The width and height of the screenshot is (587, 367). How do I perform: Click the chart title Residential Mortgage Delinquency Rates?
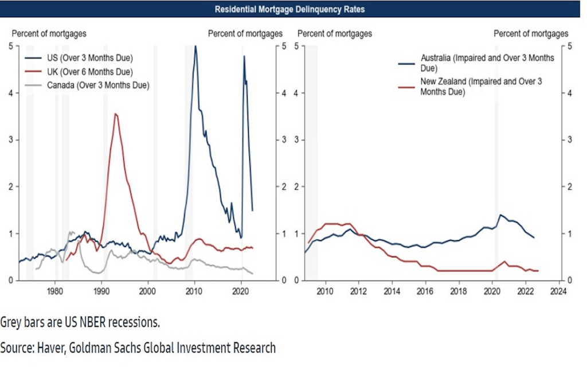[289, 9]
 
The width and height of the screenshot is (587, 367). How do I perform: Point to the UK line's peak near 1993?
[116, 114]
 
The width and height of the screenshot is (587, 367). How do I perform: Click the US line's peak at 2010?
[195, 47]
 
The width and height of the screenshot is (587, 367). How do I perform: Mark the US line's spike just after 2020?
[244, 56]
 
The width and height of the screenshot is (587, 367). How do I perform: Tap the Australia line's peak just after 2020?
[500, 215]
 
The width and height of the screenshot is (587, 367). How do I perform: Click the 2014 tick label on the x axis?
[392, 291]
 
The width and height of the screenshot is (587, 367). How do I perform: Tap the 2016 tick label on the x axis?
[425, 291]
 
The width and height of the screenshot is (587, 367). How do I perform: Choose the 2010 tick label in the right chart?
[326, 291]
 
